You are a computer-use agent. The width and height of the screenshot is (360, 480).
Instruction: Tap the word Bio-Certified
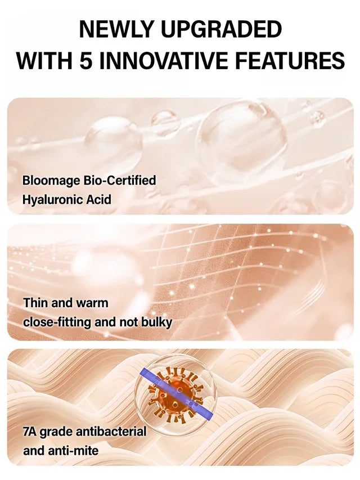click(120, 181)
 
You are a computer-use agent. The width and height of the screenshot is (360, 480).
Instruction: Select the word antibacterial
click(107, 432)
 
